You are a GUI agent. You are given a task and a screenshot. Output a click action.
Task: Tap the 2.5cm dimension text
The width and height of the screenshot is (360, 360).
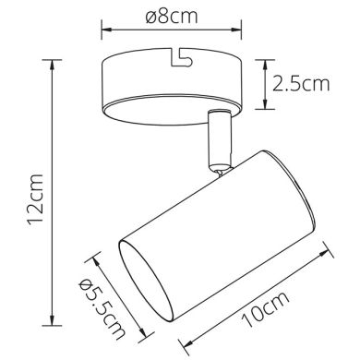301,86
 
